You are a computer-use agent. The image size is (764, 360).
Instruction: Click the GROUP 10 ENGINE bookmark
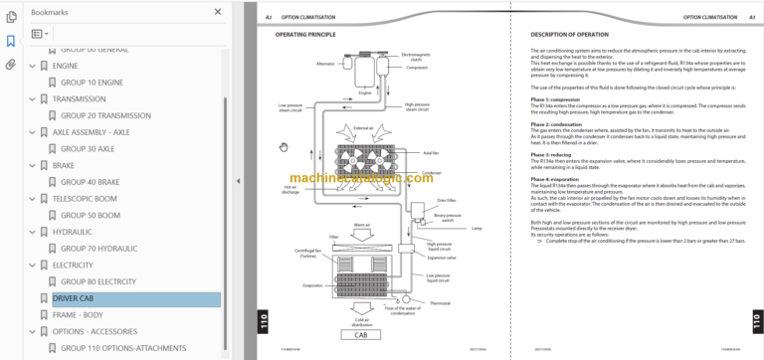pos(92,83)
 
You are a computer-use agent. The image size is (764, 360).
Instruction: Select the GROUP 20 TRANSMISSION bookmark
pos(105,115)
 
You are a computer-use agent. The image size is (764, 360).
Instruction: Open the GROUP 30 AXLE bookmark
pos(88,149)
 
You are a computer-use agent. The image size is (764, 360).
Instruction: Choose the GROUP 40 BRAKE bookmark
pos(90,182)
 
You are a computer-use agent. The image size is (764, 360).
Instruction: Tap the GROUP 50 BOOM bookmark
pos(90,215)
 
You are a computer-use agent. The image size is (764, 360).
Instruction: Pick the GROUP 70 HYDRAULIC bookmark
pos(97,249)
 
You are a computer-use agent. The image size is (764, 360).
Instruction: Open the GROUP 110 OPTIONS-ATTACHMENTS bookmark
pos(123,348)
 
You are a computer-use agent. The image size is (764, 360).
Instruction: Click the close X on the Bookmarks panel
pos(217,12)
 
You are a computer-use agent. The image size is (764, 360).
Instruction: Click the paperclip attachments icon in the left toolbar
pos(11,64)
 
